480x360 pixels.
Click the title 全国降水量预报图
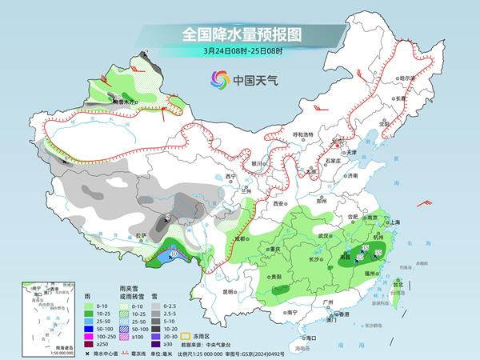(240, 35)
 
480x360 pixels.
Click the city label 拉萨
(142, 235)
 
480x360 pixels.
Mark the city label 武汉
(323, 236)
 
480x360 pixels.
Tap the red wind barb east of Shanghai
(432, 202)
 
